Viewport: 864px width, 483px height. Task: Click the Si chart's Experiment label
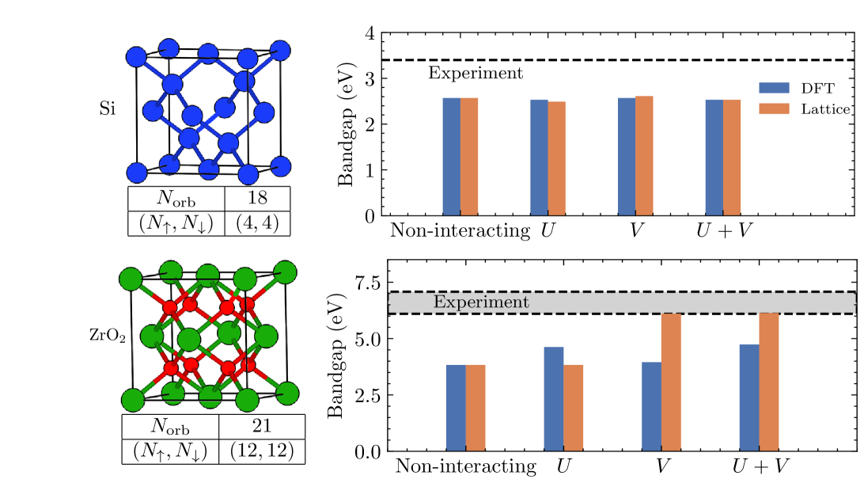click(476, 73)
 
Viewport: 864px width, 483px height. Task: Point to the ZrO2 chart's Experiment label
click(481, 302)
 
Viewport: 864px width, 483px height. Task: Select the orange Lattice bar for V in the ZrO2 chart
click(671, 382)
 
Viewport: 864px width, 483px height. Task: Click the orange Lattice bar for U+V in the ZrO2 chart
click(768, 382)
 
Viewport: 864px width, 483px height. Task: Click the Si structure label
click(108, 108)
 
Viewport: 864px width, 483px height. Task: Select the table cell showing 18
click(258, 198)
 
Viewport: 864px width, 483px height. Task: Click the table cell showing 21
click(261, 426)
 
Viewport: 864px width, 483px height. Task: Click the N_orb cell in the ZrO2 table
click(169, 426)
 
